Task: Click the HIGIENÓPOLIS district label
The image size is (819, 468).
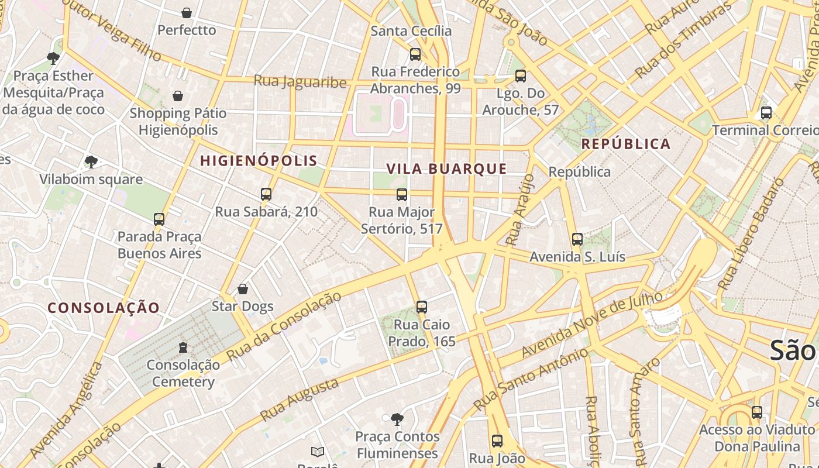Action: pos(259,160)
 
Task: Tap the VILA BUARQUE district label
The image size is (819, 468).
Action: pos(446,169)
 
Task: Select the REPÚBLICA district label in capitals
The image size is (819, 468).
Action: pos(625,144)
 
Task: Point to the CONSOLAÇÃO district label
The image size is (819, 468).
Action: pos(104,308)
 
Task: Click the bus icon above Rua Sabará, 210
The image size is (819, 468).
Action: pos(266,194)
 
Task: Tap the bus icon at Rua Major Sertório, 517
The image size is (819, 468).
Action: pos(402,195)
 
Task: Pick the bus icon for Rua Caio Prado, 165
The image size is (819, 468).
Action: pos(421,307)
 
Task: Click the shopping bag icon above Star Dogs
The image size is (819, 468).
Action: pos(243,289)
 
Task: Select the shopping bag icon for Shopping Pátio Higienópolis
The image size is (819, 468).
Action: pos(178,96)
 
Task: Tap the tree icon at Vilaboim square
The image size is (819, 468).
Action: pos(91,161)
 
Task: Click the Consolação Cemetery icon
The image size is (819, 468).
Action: pos(183,347)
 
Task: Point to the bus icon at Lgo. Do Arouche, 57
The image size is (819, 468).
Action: pos(521,76)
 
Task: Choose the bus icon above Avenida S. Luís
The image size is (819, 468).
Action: pos(577,239)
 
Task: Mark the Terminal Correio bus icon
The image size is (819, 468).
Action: pos(766,113)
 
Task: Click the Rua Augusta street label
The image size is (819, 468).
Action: pos(299,400)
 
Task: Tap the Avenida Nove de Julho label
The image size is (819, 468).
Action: pos(592,325)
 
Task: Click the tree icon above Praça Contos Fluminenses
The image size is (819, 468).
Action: pos(397,419)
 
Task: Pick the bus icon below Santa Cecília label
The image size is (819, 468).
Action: pos(415,54)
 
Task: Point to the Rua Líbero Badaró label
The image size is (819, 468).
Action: pos(750,234)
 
